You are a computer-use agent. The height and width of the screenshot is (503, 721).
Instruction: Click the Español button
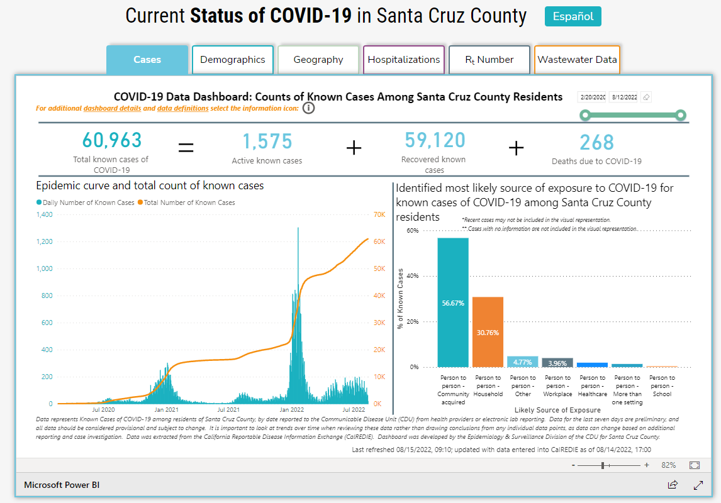click(573, 16)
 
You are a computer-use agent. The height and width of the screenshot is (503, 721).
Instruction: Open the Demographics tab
click(233, 60)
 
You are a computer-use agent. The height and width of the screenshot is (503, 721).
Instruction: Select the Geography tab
click(318, 60)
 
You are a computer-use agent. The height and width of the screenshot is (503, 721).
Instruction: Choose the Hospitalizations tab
click(404, 60)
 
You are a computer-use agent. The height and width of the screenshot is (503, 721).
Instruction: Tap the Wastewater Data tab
click(577, 60)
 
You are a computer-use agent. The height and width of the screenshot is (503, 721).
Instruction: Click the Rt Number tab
click(489, 60)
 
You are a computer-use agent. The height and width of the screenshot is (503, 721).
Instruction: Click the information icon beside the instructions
click(308, 108)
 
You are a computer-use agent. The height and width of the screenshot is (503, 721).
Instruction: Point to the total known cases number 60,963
click(111, 140)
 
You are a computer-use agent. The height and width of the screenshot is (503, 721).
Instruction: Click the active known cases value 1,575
click(267, 141)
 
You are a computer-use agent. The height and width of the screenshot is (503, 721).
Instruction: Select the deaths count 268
click(596, 142)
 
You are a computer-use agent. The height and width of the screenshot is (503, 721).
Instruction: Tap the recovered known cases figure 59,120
click(435, 140)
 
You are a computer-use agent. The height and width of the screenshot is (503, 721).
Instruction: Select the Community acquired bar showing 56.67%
click(453, 302)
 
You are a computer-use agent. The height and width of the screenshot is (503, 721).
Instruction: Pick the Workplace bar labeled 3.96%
click(557, 362)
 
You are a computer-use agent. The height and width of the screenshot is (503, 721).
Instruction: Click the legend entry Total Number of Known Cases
click(189, 202)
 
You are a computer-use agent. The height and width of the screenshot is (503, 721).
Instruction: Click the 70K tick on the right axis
click(379, 214)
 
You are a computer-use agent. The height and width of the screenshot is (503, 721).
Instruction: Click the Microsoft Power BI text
click(62, 485)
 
